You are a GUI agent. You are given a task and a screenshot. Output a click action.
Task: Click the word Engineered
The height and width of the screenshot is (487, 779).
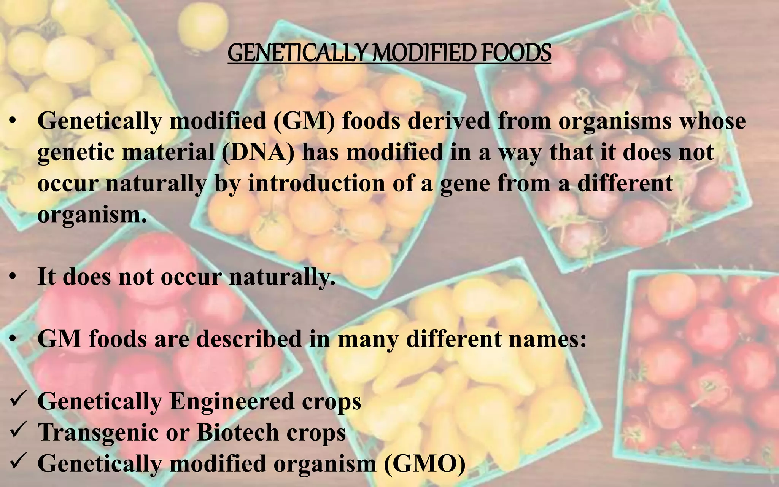coord(232,401)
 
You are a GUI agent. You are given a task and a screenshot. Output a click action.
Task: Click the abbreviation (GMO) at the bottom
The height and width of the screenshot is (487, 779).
coord(424,463)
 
